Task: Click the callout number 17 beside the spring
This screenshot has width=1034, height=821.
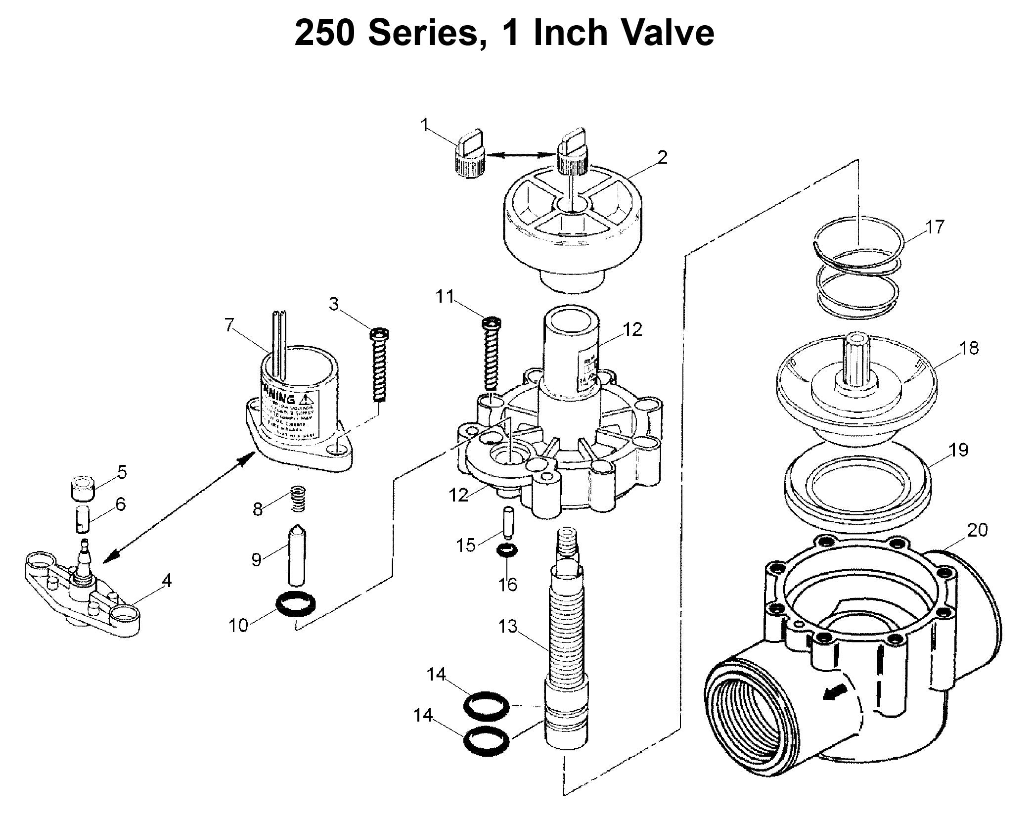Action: pos(934,227)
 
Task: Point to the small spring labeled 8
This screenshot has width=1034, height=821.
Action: pos(297,499)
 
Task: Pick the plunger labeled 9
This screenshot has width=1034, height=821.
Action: pos(297,555)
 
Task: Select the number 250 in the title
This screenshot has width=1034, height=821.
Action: pos(324,33)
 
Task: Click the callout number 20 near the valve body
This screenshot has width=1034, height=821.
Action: pos(977,530)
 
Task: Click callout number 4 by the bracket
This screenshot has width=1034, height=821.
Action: pos(167,581)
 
